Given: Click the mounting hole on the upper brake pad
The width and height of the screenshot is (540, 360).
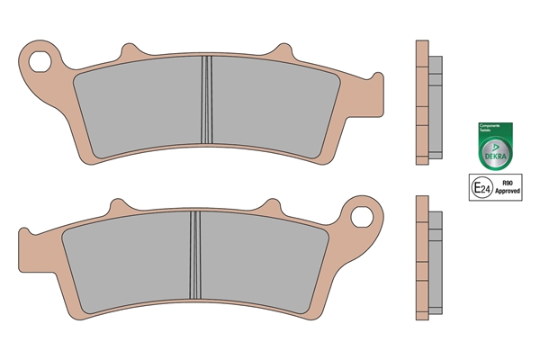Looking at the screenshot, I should click(x=40, y=62).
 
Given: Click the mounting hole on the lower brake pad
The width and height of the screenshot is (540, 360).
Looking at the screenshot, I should click(x=364, y=217).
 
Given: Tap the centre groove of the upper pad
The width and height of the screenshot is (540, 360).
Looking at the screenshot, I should click(x=205, y=103).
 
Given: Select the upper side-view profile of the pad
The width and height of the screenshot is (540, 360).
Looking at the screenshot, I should click(x=427, y=103).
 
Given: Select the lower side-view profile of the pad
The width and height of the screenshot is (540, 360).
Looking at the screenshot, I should click(x=427, y=258).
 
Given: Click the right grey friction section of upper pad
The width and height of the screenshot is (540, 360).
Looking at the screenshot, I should click(x=270, y=106).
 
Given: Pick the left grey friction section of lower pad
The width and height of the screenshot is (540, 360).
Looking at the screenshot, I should click(x=126, y=261).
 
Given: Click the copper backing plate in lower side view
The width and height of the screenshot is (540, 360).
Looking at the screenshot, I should click(x=420, y=258).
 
